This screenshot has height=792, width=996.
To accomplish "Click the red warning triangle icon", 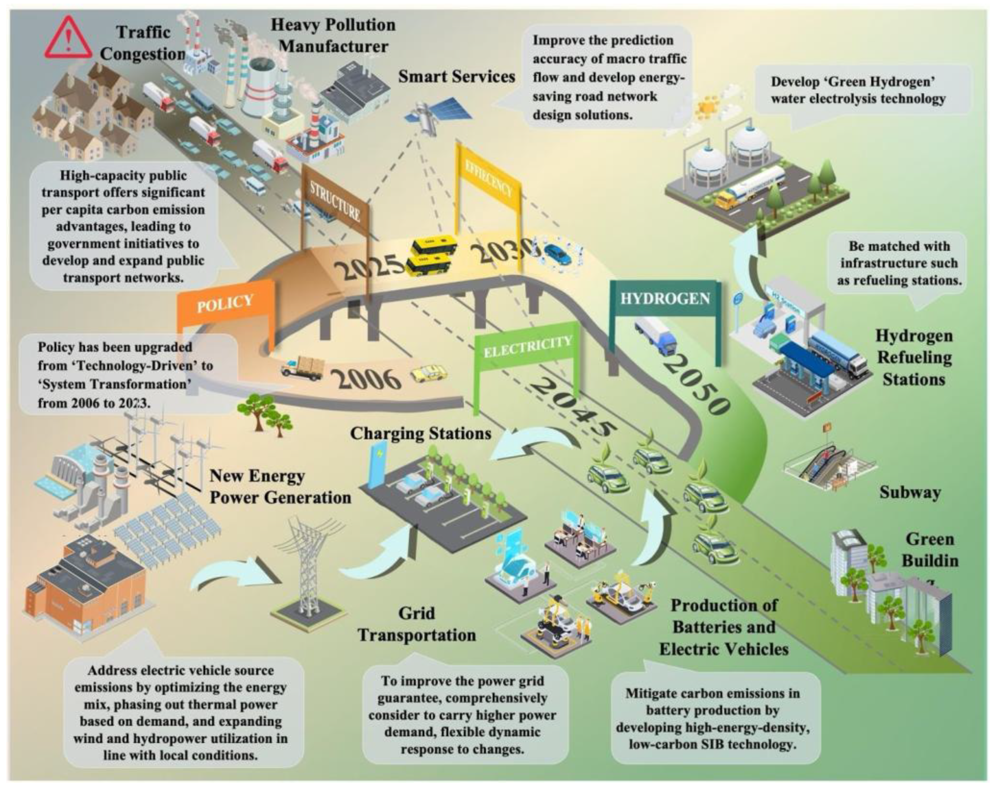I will (68, 38).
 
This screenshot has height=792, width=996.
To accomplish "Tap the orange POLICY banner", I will (225, 304).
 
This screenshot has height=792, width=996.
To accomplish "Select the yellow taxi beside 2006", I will (429, 373).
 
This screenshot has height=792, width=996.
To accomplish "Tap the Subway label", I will (910, 492).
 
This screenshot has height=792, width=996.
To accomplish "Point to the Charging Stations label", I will (420, 433).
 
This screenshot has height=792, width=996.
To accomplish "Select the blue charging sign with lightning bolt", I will (380, 462).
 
